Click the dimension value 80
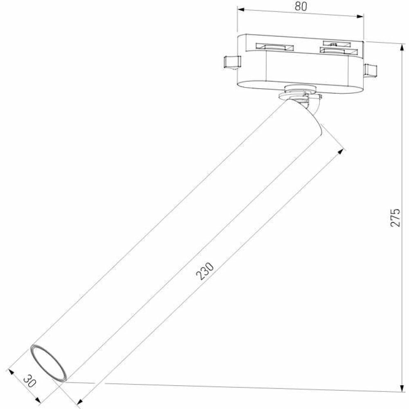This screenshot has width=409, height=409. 301,7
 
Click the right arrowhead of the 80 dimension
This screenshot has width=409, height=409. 360,16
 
